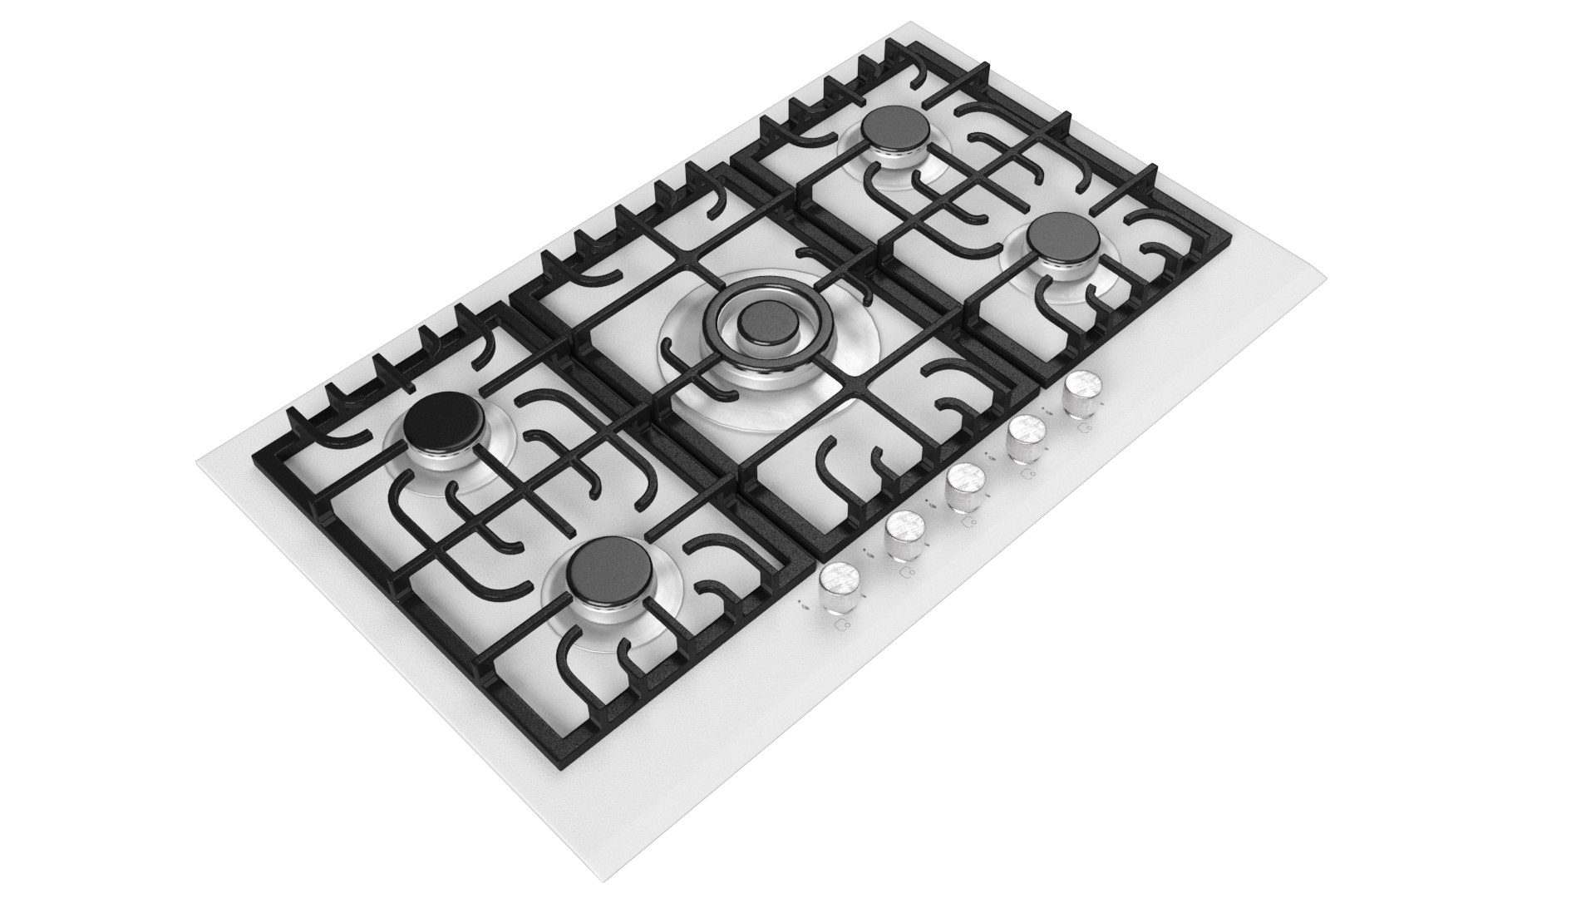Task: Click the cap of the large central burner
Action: (763, 322)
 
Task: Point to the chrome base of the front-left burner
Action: (601, 603)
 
